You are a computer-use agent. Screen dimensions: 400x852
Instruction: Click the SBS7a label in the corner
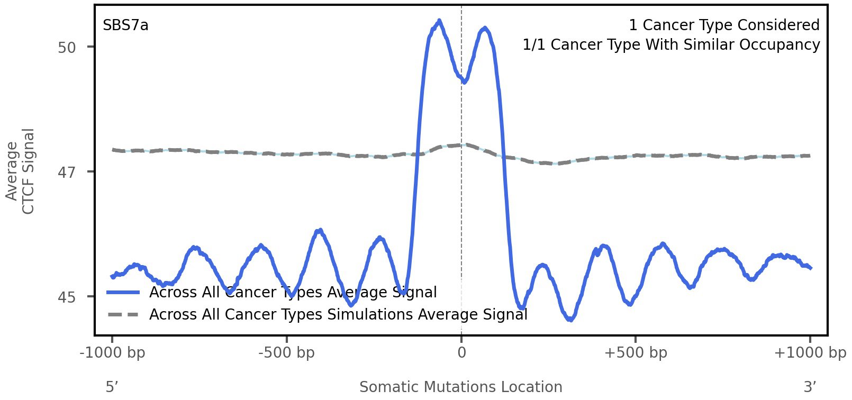coord(125,25)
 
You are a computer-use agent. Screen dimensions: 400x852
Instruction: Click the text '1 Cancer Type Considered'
coord(724,25)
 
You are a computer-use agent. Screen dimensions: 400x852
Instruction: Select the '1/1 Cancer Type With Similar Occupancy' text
coord(671,45)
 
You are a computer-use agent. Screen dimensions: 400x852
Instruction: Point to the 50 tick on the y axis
coord(67,48)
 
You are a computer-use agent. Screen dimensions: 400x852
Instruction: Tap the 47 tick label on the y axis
coord(67,172)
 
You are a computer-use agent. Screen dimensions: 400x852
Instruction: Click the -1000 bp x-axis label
coord(112,353)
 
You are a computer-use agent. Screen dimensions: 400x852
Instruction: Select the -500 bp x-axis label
coord(286,353)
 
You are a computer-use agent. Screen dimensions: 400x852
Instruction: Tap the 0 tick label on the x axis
coord(461,353)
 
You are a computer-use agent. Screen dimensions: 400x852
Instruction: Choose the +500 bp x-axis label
coord(636,353)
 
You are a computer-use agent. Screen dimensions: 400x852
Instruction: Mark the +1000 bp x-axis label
coord(810,353)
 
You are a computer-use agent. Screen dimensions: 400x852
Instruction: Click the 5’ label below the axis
coord(112,387)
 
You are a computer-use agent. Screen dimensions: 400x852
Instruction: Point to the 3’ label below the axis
coord(810,387)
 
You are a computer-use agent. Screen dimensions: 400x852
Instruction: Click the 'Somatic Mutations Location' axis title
coord(460,387)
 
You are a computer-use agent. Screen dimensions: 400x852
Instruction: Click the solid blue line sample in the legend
coord(123,293)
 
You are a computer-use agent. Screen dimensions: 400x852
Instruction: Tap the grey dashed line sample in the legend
coord(123,315)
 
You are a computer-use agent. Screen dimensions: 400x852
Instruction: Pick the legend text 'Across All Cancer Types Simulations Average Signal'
coord(338,315)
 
